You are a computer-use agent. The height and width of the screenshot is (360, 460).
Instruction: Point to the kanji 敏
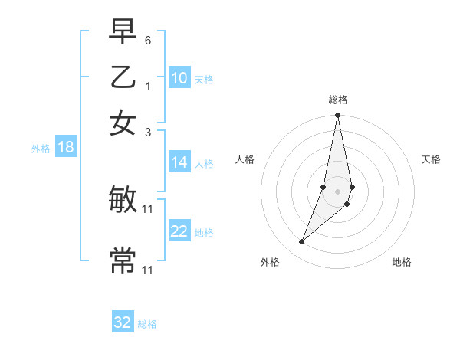(x=123, y=201)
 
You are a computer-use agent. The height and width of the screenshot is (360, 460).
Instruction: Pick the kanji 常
(x=123, y=260)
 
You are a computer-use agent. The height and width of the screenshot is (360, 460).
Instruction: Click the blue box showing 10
(x=179, y=78)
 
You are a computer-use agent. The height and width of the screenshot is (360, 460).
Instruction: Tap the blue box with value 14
(x=179, y=162)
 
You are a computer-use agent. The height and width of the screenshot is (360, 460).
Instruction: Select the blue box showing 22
(x=179, y=231)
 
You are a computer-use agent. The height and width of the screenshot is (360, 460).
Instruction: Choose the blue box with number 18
(x=66, y=147)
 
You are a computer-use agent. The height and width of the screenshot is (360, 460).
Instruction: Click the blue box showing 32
(x=123, y=322)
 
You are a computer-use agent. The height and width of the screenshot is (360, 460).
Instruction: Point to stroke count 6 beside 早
(x=148, y=39)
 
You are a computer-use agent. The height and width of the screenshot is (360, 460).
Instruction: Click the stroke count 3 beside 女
(x=148, y=132)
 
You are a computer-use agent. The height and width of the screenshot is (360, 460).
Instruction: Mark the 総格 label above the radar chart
(x=337, y=100)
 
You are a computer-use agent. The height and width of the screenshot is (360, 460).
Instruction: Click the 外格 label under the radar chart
(x=270, y=262)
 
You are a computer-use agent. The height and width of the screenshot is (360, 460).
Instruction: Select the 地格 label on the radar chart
(x=402, y=262)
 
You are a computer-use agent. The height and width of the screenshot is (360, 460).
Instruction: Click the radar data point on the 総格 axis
(x=337, y=116)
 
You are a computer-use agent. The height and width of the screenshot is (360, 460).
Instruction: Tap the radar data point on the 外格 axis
(x=301, y=242)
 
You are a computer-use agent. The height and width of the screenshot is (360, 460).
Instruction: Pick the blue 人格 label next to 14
(x=204, y=163)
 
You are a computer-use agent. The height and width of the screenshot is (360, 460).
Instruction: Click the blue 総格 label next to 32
(x=147, y=324)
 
